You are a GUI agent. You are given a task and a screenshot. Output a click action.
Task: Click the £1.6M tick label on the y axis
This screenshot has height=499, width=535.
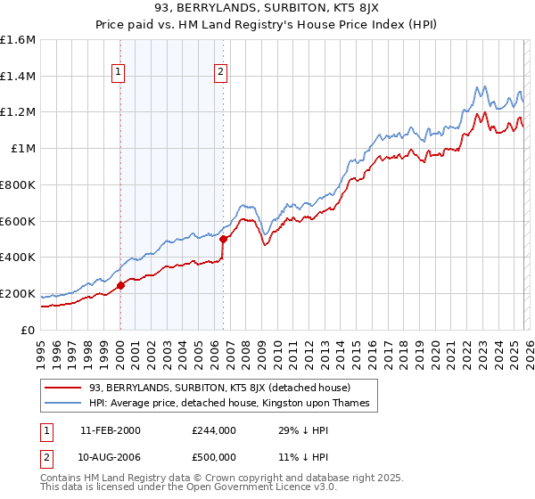click(x=18, y=40)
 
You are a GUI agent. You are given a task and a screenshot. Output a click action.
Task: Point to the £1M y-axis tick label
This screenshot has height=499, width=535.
click(x=23, y=148)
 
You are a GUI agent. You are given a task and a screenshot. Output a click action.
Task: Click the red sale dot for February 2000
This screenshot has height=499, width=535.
click(x=120, y=286)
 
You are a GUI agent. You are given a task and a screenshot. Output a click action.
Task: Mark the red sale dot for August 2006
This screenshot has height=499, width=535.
click(x=224, y=239)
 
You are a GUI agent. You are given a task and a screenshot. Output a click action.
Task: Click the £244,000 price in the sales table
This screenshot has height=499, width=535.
click(x=214, y=430)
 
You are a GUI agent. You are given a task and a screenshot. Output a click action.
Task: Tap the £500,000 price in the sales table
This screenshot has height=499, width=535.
click(x=214, y=455)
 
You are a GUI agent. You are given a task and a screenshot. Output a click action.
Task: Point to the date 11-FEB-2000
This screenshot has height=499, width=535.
click(x=111, y=430)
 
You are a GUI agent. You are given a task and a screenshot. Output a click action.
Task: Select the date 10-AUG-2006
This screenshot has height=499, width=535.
click(x=111, y=455)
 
